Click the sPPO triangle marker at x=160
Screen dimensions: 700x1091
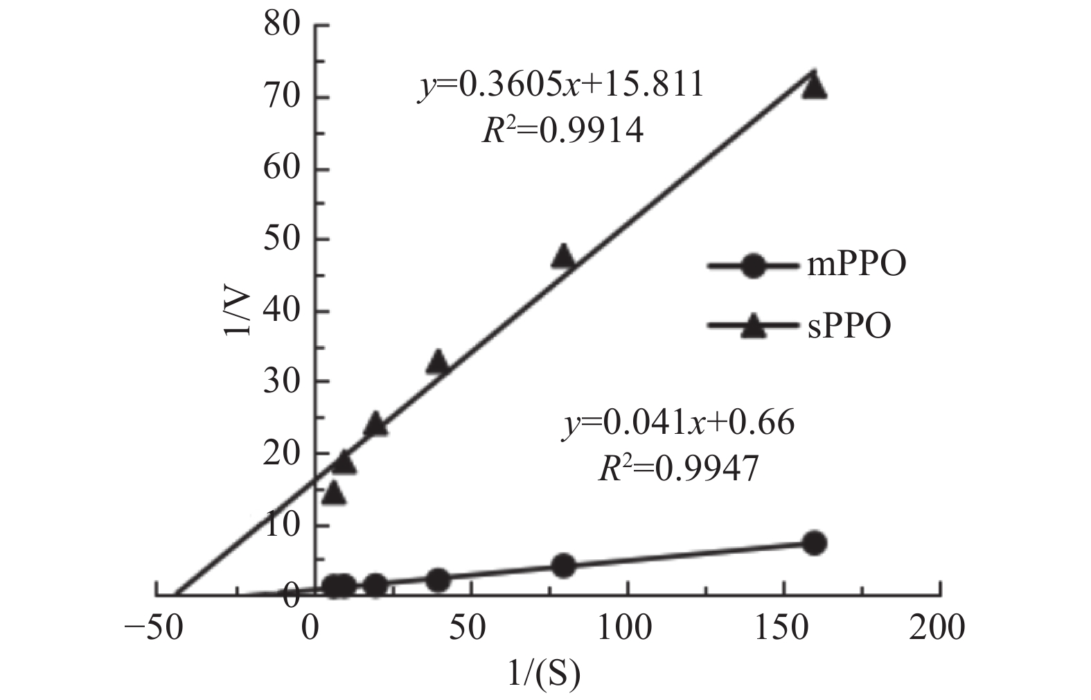(815, 86)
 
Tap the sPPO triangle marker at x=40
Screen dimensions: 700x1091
(438, 362)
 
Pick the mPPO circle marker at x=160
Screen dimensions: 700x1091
(815, 543)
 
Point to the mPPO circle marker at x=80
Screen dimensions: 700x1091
(564, 566)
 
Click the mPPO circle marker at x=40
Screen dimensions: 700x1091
(438, 580)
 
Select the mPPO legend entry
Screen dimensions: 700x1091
(807, 266)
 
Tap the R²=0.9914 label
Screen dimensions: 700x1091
(562, 130)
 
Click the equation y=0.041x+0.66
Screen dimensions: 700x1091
(677, 422)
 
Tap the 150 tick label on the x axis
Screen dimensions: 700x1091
(783, 629)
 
